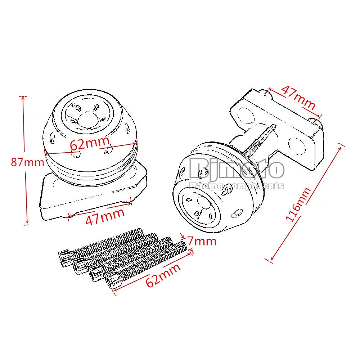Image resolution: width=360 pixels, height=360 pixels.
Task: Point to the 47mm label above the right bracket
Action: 298,96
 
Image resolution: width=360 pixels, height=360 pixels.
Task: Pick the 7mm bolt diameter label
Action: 202,241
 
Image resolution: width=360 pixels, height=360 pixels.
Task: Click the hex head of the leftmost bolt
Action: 65,258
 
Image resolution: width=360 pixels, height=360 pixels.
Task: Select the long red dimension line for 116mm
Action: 306,202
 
